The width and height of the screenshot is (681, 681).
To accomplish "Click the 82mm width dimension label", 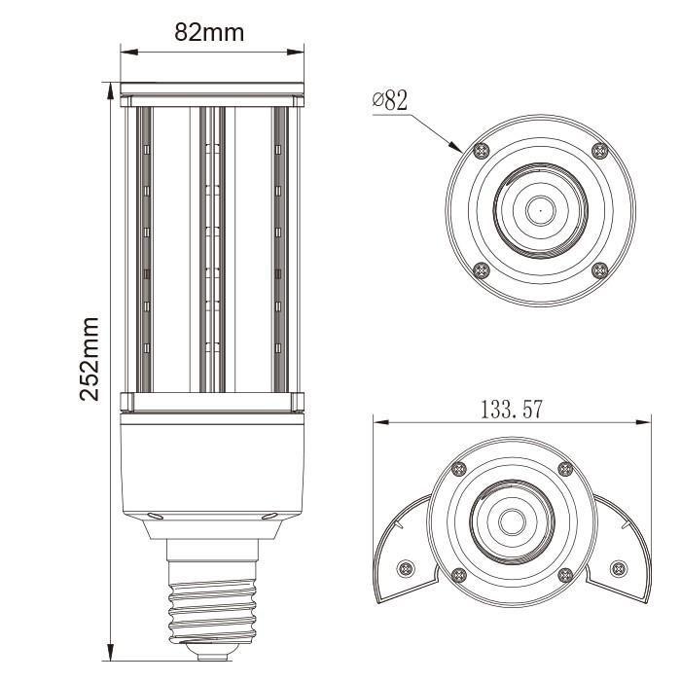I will click(x=209, y=31).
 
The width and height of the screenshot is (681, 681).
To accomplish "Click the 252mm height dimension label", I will click(x=90, y=358).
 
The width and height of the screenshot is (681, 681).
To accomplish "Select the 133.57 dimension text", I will click(x=511, y=410).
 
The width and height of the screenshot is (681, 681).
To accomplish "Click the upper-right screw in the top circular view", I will click(x=599, y=150).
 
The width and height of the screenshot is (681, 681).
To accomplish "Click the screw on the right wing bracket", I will click(x=615, y=568).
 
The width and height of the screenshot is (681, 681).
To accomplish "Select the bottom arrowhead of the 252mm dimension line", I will click(x=110, y=655).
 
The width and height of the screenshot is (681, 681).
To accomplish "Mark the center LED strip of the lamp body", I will click(x=212, y=248).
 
